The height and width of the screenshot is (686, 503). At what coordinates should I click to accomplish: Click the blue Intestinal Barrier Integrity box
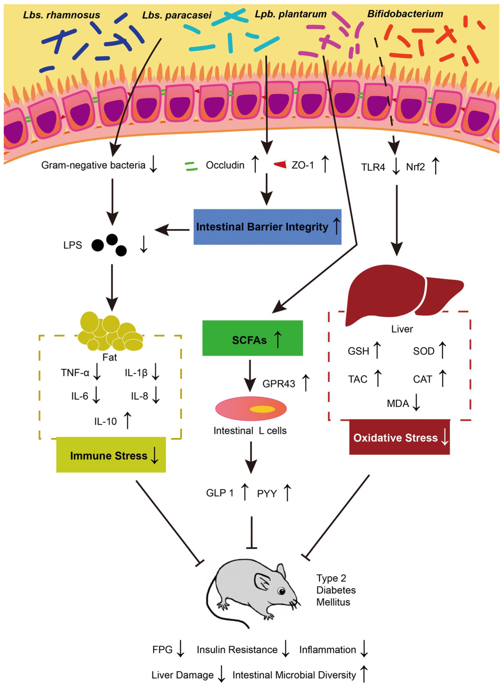pos(267,227)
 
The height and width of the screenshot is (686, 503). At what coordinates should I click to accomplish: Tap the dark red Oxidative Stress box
pos(399,437)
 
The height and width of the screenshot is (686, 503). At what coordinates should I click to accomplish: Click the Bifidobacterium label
pos(405,14)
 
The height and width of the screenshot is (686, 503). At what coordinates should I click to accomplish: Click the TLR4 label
pos(373,167)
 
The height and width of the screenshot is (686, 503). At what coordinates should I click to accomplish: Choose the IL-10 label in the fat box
pos(105,421)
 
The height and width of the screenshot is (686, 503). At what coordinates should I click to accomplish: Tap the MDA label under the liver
pos(398,404)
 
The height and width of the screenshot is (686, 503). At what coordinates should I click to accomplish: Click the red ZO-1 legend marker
pos(280,165)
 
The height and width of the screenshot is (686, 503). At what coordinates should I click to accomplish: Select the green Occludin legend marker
pos(191,166)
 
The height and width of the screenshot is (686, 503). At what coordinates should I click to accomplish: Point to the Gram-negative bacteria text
pos(93,165)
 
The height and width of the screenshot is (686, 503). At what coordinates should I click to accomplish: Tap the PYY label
pos(267,493)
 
